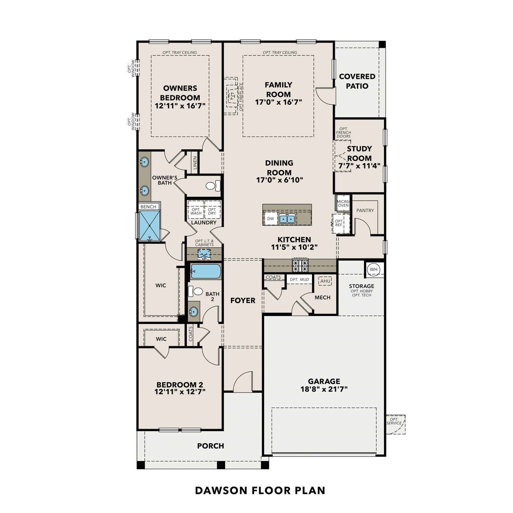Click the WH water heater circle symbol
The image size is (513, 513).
point(373,269)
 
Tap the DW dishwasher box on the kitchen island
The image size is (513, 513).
point(271,219)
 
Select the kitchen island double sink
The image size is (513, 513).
point(287,219)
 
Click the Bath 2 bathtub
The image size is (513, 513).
point(206,272)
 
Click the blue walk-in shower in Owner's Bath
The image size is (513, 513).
point(150,226)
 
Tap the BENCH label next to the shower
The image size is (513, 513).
point(148,207)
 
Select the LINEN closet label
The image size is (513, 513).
point(195,163)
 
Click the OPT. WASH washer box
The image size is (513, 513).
point(196,211)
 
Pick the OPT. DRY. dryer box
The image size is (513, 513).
point(212,211)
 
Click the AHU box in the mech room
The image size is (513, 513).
point(325,281)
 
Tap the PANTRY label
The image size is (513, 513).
point(365,210)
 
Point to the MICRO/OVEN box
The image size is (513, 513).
point(343,203)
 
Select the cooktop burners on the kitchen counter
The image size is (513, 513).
point(300,265)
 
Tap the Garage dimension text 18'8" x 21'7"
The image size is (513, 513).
point(324,389)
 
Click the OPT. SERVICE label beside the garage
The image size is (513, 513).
point(394,421)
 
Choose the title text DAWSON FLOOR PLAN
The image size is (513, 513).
point(260,490)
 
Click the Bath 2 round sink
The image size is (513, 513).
point(194,312)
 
